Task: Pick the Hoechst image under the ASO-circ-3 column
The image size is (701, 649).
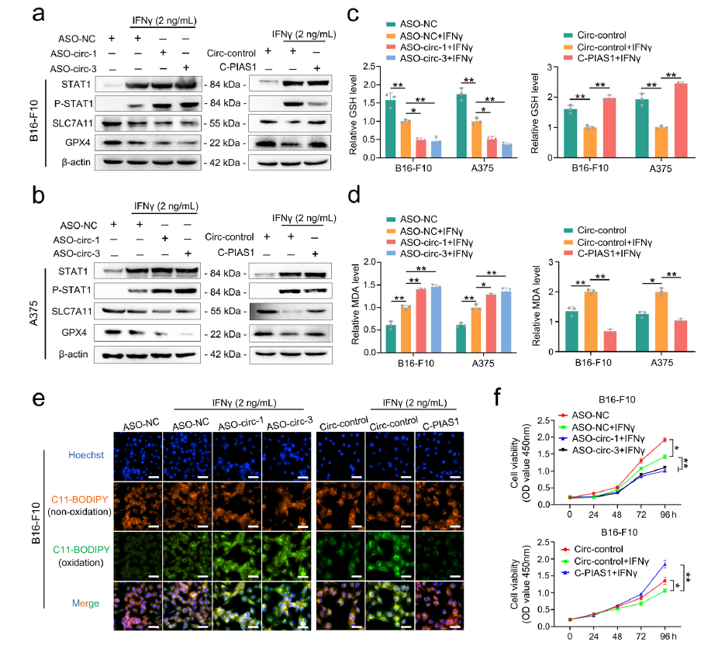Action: [287, 455]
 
